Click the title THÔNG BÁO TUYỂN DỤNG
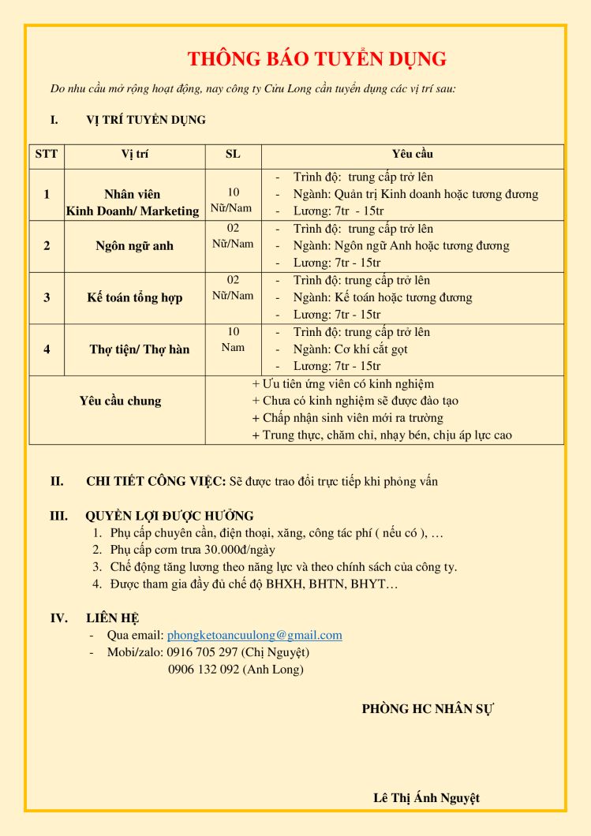317,59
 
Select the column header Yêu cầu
412,155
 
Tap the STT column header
47,155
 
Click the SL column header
233,155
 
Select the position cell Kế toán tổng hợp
134,297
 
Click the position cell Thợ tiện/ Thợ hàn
139,349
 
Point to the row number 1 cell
47,194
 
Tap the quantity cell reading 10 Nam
233,339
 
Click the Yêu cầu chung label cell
120,401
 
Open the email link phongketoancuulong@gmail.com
254,635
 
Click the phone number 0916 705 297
202,652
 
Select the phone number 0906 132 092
203,670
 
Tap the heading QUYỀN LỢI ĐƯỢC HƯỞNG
170,516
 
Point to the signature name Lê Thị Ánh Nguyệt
426,797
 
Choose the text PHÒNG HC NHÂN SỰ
428,708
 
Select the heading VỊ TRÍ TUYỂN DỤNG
146,120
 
